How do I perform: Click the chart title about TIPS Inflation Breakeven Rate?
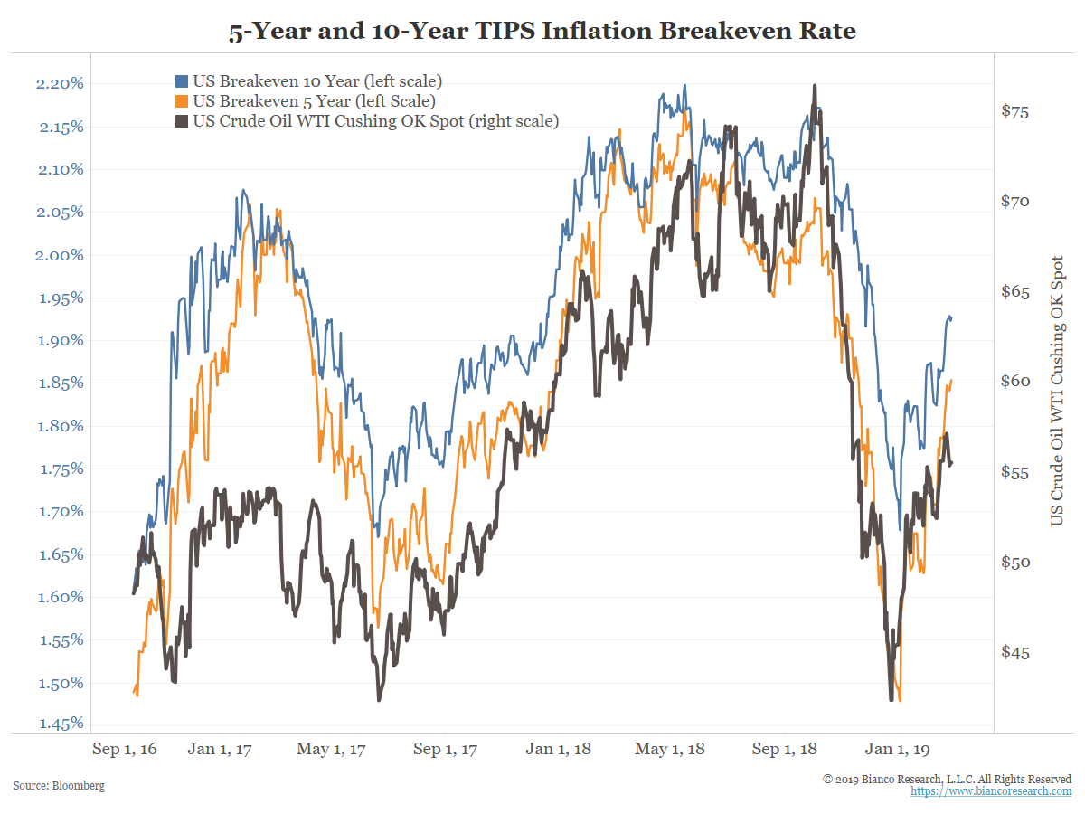pyautogui.click(x=542, y=32)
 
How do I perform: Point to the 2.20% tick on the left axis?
pyautogui.click(x=61, y=84)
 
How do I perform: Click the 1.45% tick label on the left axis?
pyautogui.click(x=61, y=724)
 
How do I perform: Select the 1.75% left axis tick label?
pyautogui.click(x=61, y=469)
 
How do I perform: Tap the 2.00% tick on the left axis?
pyautogui.click(x=61, y=255)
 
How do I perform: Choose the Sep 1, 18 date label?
pyautogui.click(x=784, y=749)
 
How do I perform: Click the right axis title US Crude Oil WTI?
pyautogui.click(x=1056, y=391)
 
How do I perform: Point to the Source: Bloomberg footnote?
pyautogui.click(x=59, y=786)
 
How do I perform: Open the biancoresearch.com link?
pyautogui.click(x=990, y=791)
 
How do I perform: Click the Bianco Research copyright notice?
pyautogui.click(x=947, y=779)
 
